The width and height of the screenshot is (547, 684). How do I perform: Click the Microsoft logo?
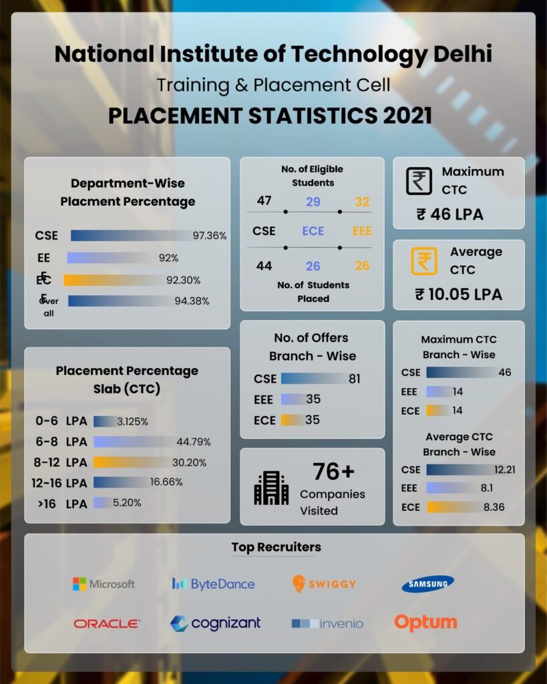click(104, 584)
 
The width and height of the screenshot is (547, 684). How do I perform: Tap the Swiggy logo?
click(324, 583)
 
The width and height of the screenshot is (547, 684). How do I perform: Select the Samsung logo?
click(427, 584)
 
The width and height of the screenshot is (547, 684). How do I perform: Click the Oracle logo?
click(107, 623)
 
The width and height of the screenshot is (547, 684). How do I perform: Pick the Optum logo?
click(425, 623)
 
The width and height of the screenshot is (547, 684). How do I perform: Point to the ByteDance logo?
click(213, 584)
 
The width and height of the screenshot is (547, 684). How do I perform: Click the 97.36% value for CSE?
click(210, 236)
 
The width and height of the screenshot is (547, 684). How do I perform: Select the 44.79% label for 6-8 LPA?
click(194, 442)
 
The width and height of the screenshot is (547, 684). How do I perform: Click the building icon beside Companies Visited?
click(271, 488)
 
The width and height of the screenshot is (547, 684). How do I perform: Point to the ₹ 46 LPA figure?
click(449, 214)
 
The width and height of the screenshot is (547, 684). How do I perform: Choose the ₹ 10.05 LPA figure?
click(458, 294)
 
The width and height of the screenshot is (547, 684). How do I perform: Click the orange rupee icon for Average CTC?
click(423, 261)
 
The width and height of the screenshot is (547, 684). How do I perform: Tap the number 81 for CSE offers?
click(354, 379)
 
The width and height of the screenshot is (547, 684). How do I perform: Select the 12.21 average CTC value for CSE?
click(505, 470)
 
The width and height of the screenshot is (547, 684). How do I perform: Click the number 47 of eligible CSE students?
click(264, 201)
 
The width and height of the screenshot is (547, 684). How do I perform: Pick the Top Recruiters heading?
click(276, 547)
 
